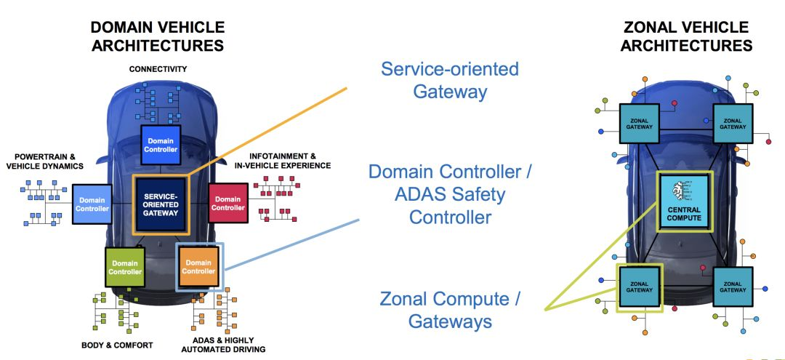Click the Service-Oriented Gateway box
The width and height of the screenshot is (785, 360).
161,204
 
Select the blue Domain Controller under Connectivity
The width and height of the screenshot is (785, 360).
161,144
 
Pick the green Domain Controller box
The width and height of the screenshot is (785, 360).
125,267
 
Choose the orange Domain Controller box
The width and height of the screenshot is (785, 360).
198,267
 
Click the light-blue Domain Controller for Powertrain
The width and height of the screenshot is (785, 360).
92,204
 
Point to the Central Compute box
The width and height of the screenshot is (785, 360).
684,201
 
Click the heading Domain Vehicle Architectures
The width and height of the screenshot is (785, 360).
158,36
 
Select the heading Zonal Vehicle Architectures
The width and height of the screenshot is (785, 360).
686,36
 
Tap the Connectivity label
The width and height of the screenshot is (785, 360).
158,69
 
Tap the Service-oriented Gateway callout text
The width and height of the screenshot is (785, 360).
450,80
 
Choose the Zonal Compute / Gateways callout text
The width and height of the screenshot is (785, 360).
450,310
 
